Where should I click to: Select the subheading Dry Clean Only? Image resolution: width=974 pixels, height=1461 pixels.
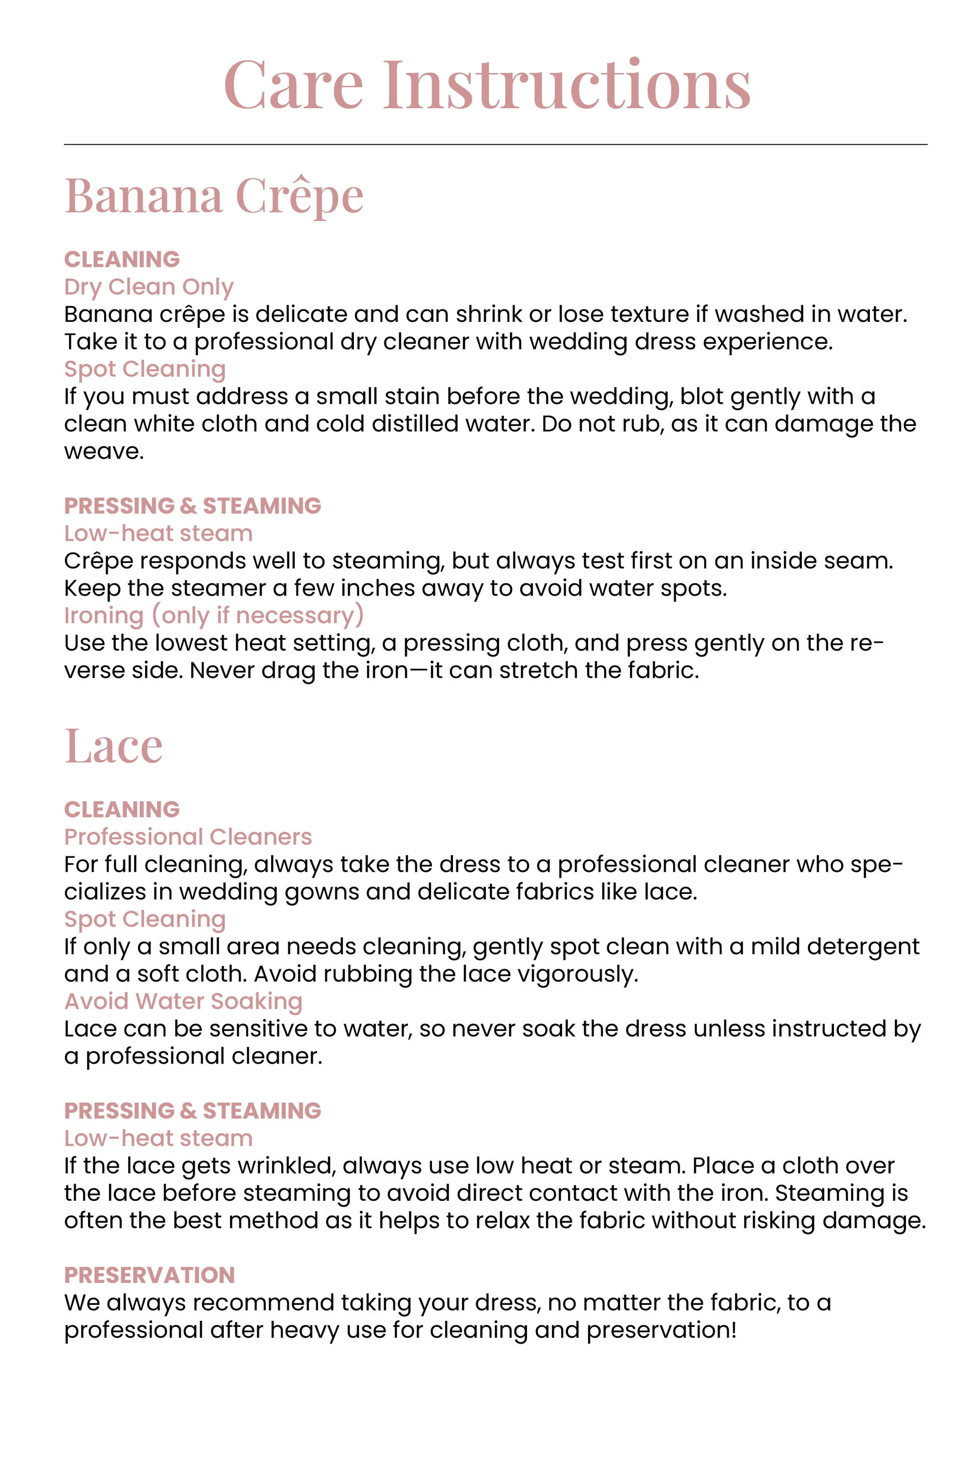coord(149,287)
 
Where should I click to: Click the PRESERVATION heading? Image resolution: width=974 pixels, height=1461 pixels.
coord(150,1275)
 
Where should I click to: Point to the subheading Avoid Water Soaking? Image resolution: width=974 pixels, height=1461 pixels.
coord(183,1002)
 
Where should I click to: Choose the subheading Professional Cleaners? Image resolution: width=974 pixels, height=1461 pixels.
coord(188,837)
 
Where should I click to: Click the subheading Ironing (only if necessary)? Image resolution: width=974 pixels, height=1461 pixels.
coord(214,616)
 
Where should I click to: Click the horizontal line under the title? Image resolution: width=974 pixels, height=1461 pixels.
coord(495,145)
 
